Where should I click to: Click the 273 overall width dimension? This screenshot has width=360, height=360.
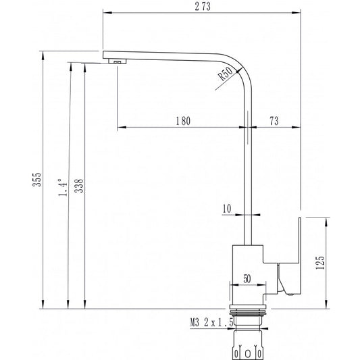point(201,6)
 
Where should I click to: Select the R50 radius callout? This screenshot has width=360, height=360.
point(226,76)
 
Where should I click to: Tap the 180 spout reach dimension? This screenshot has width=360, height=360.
point(182,121)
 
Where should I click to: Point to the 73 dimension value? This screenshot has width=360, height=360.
point(274,121)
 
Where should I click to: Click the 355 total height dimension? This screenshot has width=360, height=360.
point(38,179)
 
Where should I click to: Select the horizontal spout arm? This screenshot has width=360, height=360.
point(169,55)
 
